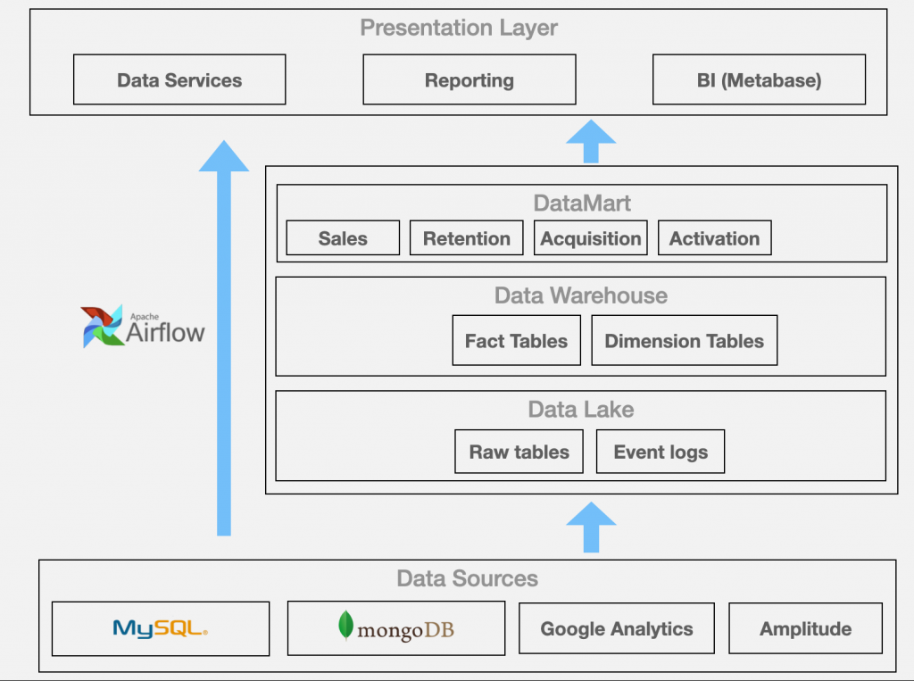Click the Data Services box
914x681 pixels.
pyautogui.click(x=179, y=79)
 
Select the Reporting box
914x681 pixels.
pyautogui.click(x=469, y=79)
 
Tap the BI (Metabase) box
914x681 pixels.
pyautogui.click(x=759, y=79)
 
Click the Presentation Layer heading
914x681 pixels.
pyautogui.click(x=459, y=27)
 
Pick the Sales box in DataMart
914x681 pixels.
pyautogui.click(x=343, y=238)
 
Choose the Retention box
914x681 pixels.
pyautogui.click(x=467, y=238)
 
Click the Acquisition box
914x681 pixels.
pyautogui.click(x=591, y=238)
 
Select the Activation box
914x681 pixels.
pyautogui.click(x=714, y=238)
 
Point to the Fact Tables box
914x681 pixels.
pyautogui.click(x=516, y=340)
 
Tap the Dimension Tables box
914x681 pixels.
pyautogui.click(x=684, y=340)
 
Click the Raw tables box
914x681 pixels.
pyautogui.click(x=519, y=452)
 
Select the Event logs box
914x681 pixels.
pyautogui.click(x=661, y=452)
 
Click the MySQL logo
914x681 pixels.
pyautogui.click(x=161, y=628)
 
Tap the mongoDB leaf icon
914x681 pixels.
pyautogui.click(x=345, y=626)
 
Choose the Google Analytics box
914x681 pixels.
pyautogui.click(x=617, y=628)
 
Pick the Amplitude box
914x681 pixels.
pyautogui.click(x=805, y=628)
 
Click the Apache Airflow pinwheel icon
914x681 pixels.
pyautogui.click(x=102, y=327)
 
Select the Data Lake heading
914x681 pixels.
pyautogui.click(x=581, y=409)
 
